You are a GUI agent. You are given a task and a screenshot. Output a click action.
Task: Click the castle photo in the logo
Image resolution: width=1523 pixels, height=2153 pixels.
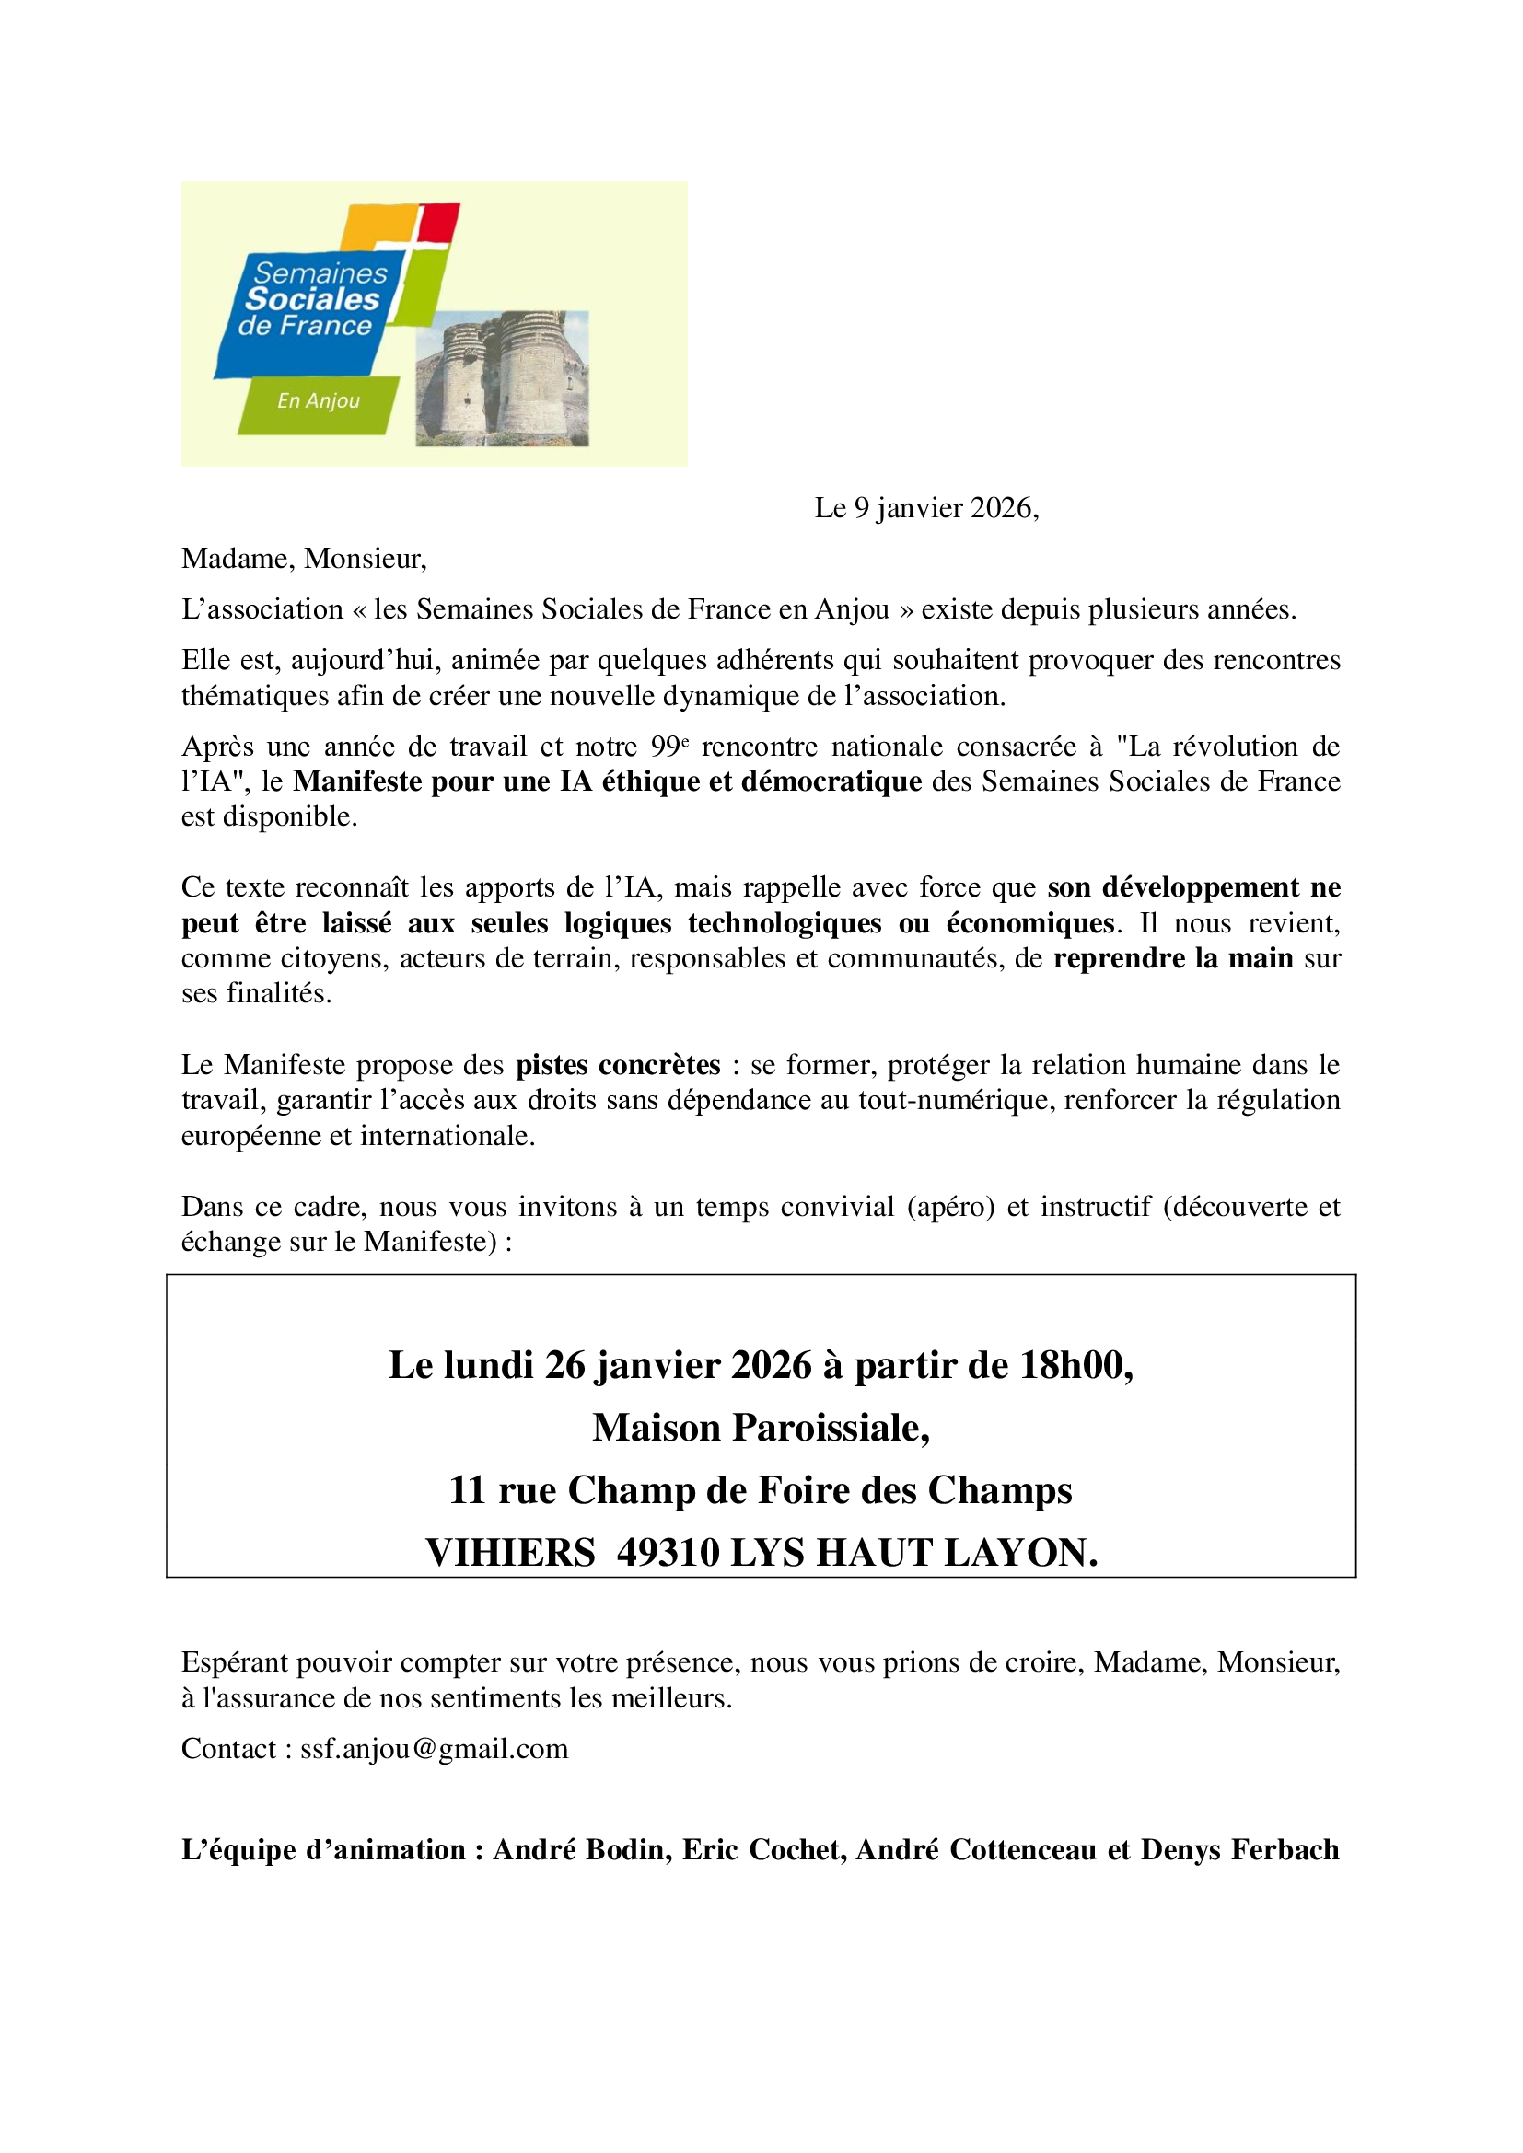point(502,378)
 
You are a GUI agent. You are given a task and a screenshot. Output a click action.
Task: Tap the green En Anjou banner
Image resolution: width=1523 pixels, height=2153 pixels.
point(318,403)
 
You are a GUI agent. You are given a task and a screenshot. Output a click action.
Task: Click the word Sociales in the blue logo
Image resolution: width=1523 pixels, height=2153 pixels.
point(312,299)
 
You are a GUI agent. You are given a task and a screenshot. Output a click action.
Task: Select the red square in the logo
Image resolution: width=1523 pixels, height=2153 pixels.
point(438,222)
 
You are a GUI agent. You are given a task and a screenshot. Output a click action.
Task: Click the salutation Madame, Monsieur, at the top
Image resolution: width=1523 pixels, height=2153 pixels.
point(304,559)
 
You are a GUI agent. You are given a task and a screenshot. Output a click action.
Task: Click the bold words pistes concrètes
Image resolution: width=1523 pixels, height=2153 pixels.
point(618,1065)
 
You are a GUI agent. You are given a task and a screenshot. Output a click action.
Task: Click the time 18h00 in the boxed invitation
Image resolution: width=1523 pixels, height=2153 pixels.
point(1075,1366)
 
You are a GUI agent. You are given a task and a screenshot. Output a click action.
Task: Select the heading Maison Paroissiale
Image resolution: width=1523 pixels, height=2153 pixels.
point(761,1429)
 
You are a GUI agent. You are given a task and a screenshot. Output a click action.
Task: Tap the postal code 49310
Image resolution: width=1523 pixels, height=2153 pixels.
point(668,1553)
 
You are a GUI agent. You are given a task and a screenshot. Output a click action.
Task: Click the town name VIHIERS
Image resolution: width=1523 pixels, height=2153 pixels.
point(510,1553)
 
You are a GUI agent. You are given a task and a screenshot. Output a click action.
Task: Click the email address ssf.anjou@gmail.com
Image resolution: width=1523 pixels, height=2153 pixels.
point(435,1749)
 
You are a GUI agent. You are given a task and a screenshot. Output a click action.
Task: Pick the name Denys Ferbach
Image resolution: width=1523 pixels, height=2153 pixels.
point(1239,1850)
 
